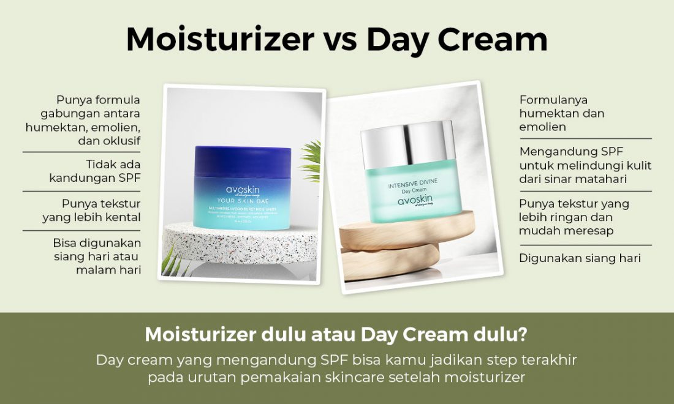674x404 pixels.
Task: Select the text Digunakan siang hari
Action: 580,258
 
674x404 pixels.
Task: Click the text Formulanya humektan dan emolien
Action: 561,113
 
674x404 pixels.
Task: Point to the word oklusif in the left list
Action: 121,140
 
